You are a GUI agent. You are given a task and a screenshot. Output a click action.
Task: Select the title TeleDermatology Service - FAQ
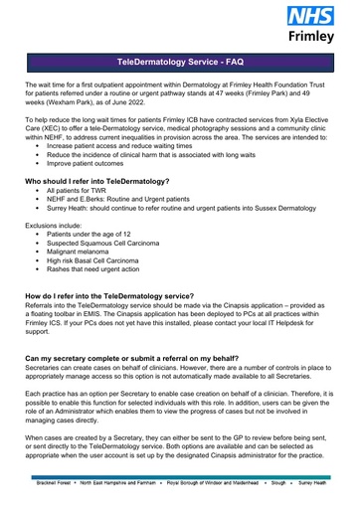(180, 62)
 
